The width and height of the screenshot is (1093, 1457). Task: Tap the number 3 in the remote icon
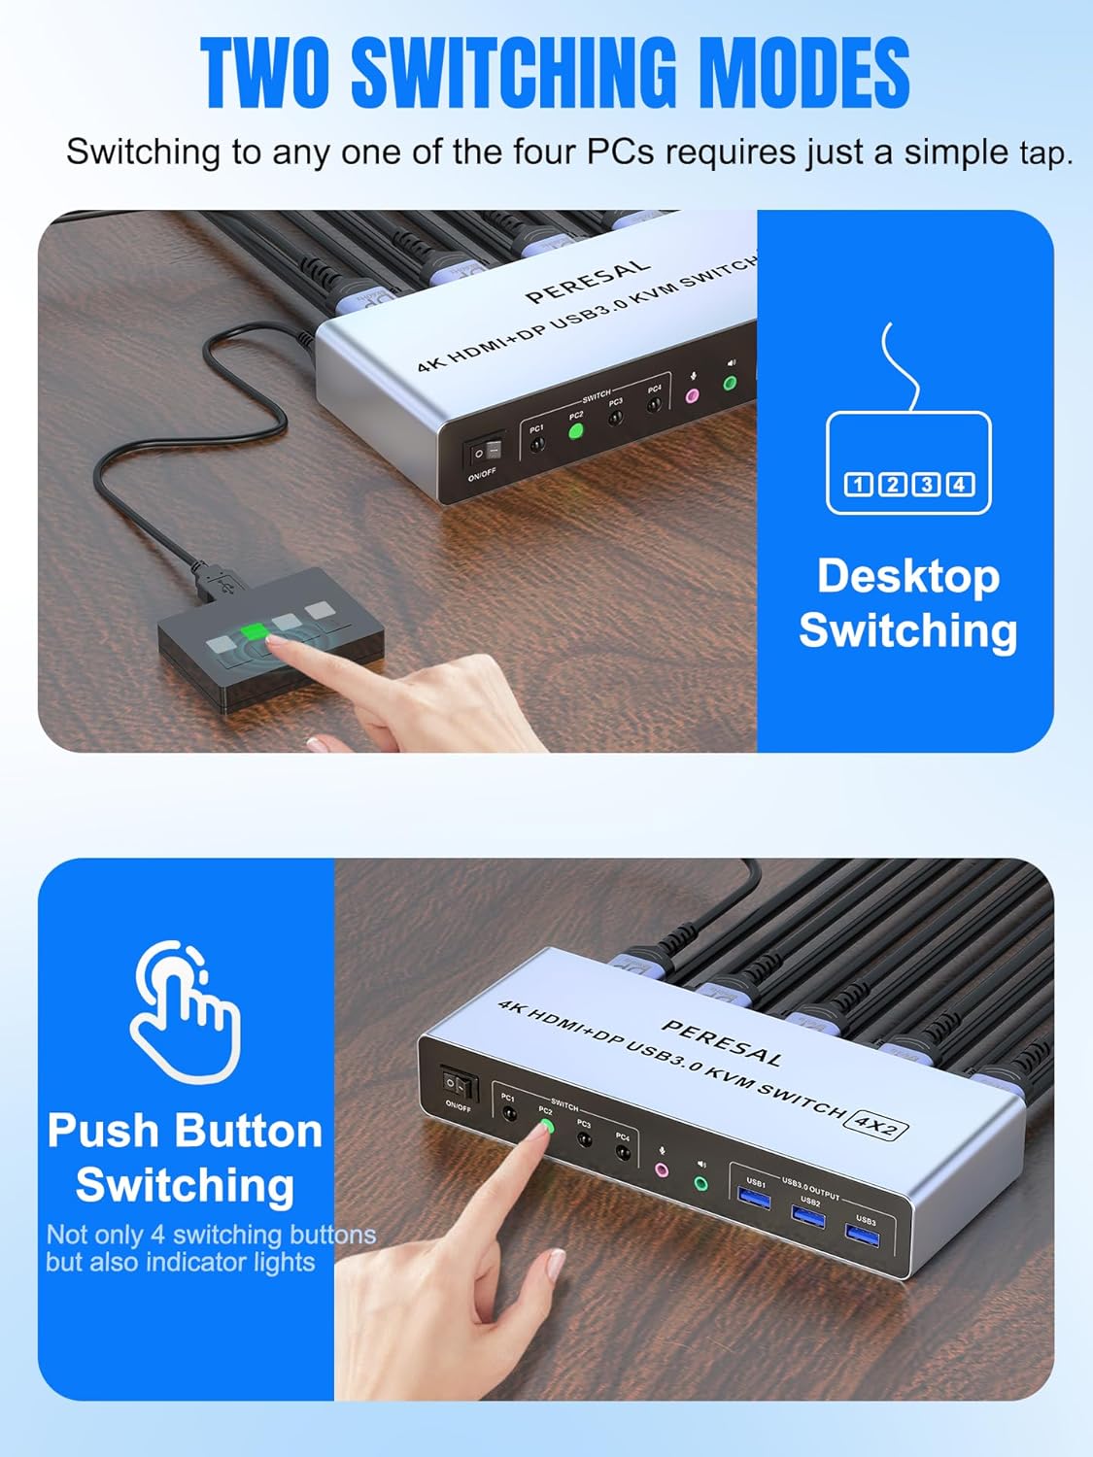coord(926,484)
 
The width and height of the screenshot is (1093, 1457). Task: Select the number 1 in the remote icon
coord(859,484)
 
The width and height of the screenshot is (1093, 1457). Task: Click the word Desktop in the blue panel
coord(907,576)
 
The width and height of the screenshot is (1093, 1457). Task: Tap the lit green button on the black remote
coord(254,632)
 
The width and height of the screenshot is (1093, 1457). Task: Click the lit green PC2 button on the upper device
coord(575,431)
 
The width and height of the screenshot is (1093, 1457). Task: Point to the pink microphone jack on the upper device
coord(693,396)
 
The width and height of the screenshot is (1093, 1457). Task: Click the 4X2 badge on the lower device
coord(876,1125)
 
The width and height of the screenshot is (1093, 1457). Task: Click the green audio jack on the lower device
coord(701,1184)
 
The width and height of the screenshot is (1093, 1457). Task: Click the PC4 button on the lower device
coord(623,1154)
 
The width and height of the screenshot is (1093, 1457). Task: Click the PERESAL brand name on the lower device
coord(722,1041)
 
